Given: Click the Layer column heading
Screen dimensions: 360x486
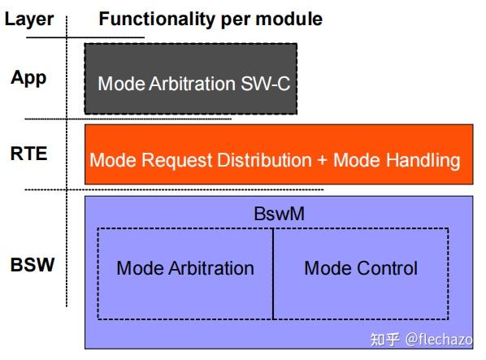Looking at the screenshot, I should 28,19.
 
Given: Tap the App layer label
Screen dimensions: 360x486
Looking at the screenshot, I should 28,78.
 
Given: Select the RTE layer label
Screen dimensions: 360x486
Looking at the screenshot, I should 28,152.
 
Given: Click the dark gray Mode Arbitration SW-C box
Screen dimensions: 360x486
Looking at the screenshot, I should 191,78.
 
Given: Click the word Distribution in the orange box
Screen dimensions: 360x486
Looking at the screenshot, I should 265,160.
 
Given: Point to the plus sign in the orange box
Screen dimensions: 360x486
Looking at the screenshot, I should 322,160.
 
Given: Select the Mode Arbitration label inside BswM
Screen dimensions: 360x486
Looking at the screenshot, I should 185,268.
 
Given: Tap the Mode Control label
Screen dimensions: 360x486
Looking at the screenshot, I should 361,268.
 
